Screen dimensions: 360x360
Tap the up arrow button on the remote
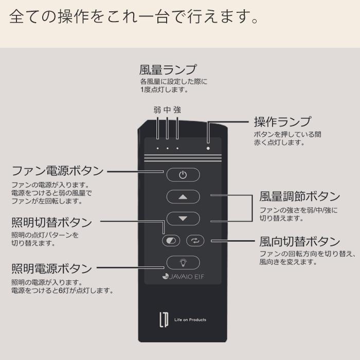(x=183, y=197)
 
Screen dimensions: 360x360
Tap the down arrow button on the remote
(x=183, y=219)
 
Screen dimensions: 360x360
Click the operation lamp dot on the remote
(x=208, y=148)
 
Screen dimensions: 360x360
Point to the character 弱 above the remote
(x=157, y=110)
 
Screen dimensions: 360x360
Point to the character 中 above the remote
(x=167, y=110)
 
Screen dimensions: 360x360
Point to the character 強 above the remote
(x=177, y=110)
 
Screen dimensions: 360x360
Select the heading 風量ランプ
(x=168, y=69)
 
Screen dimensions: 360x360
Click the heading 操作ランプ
(x=282, y=122)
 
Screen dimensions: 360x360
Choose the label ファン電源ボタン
(x=57, y=171)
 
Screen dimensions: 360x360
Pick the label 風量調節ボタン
(x=300, y=196)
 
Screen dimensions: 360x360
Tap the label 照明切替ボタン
(x=51, y=223)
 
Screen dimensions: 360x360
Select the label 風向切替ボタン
(x=300, y=241)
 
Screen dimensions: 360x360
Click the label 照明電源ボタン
(x=51, y=268)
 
